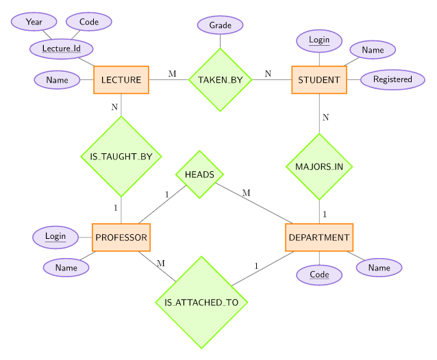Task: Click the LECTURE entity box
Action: (x=121, y=80)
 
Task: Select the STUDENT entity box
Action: (x=319, y=80)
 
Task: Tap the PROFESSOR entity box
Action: (x=121, y=237)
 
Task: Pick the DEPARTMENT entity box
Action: (x=319, y=237)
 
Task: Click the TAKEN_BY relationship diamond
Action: (x=220, y=80)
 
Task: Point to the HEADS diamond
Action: (x=199, y=175)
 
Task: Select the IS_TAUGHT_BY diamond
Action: (x=121, y=157)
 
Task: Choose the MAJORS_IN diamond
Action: (x=319, y=166)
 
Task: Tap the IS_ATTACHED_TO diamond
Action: (x=201, y=302)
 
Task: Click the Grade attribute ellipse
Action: (x=220, y=26)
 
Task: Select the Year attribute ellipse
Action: (x=34, y=22)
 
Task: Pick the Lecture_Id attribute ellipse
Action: (x=62, y=49)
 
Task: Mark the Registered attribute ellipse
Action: (x=392, y=79)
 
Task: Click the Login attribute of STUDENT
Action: (x=319, y=40)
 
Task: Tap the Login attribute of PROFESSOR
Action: (x=55, y=237)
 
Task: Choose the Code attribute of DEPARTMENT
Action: (x=319, y=274)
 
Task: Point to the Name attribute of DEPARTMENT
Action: (x=379, y=268)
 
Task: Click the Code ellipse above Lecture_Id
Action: (x=89, y=22)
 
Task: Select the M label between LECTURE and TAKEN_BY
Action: (x=172, y=73)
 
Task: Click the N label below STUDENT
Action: (x=326, y=117)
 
